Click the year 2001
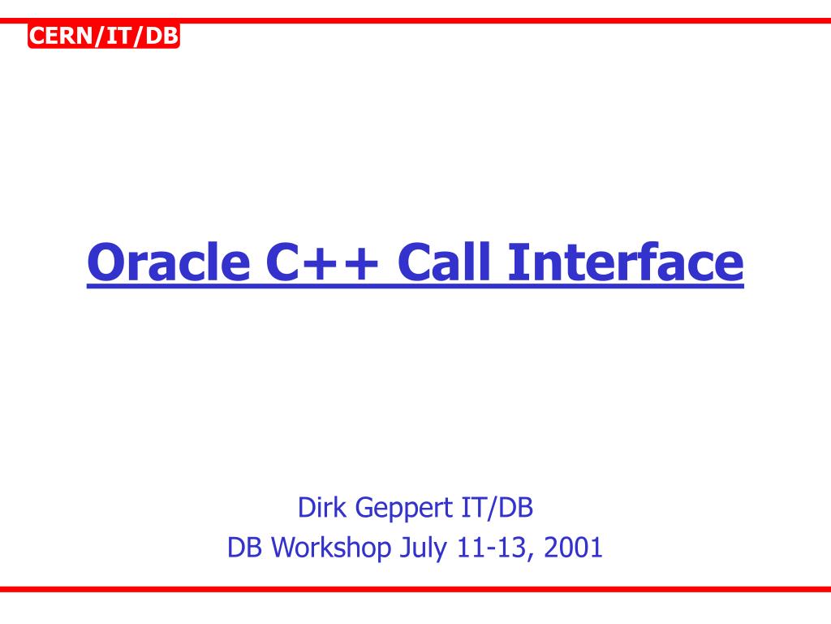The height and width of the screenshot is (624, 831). (574, 548)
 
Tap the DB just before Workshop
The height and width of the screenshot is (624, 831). (244, 548)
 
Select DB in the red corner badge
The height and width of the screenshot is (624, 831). (161, 36)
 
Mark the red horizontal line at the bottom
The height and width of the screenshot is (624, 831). (415, 589)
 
